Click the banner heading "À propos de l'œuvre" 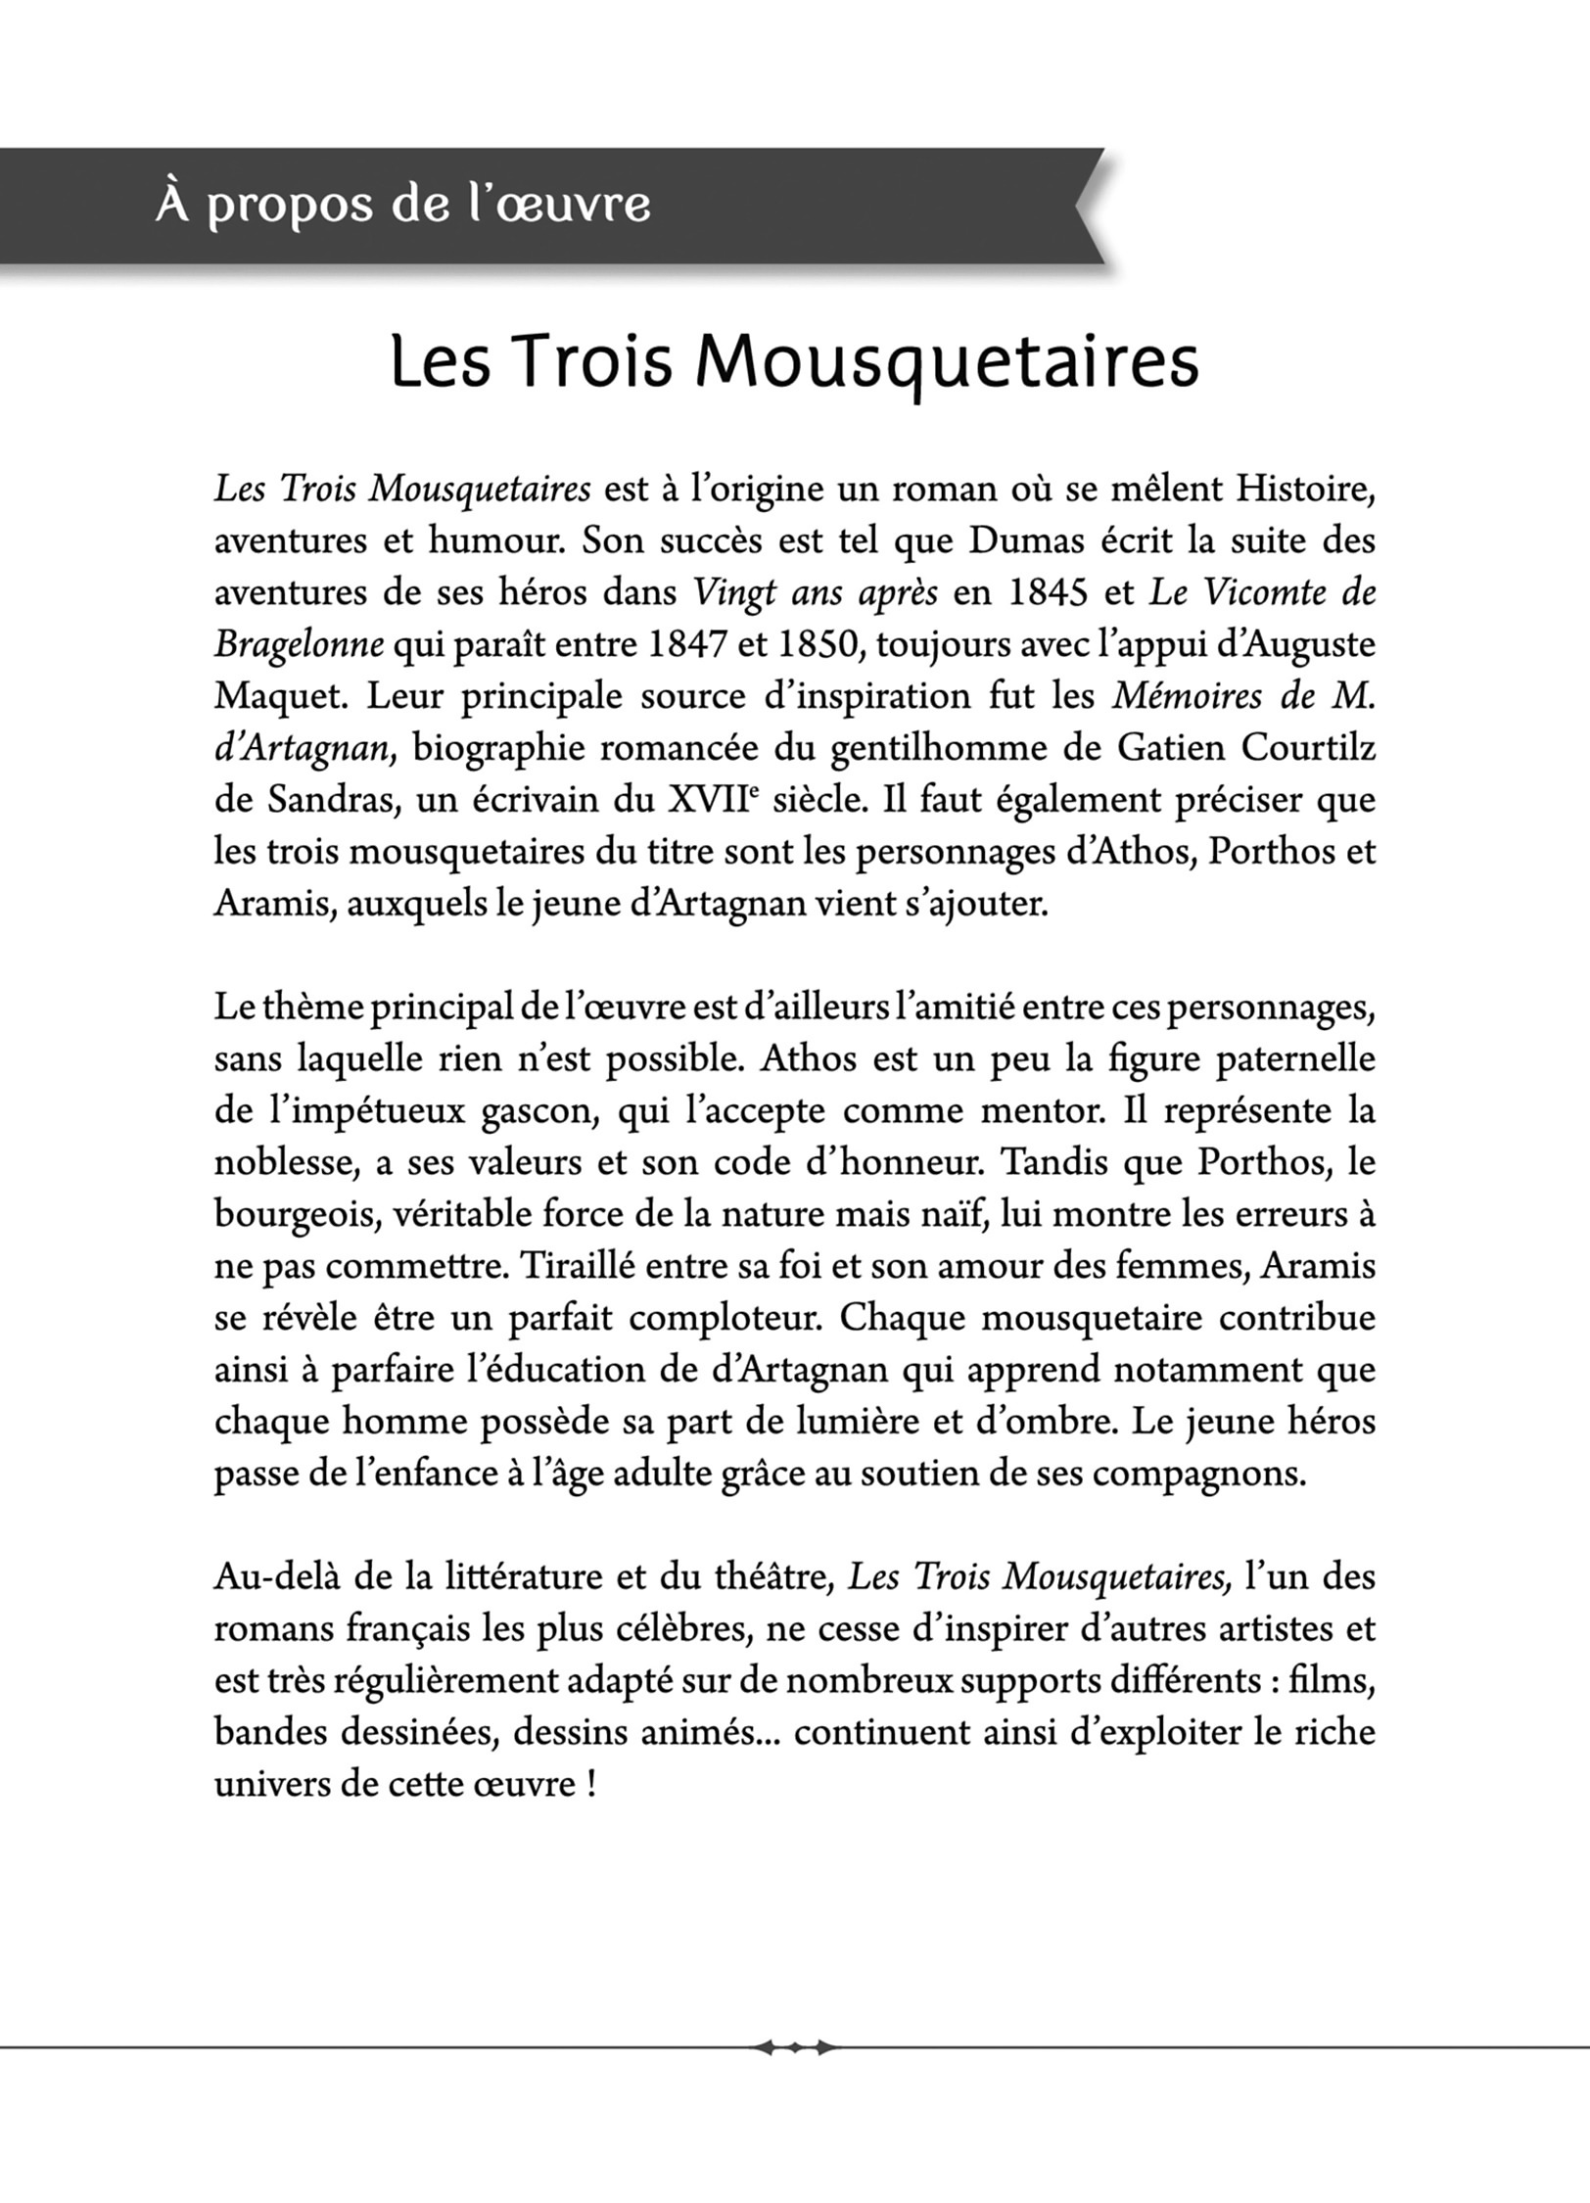[402, 206]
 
